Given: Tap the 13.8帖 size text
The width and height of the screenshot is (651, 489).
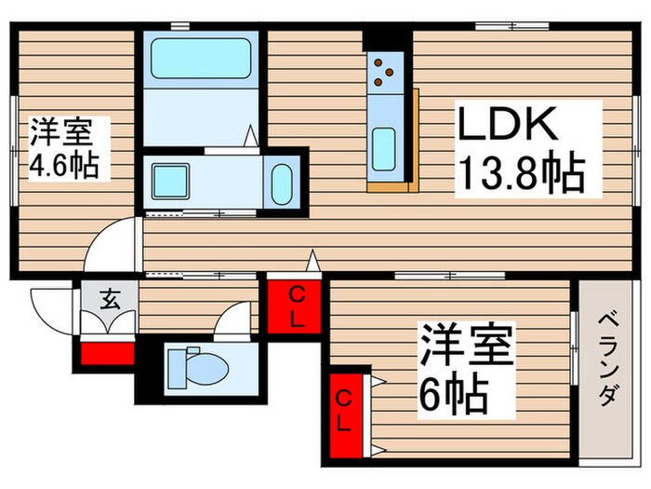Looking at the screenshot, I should (519, 174).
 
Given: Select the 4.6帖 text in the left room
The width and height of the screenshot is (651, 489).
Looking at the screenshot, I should (66, 165).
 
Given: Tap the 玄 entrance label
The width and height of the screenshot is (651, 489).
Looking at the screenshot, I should (110, 300).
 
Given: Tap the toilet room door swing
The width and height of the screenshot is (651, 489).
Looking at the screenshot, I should (232, 321).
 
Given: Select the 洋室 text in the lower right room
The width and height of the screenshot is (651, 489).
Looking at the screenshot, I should (465, 346).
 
